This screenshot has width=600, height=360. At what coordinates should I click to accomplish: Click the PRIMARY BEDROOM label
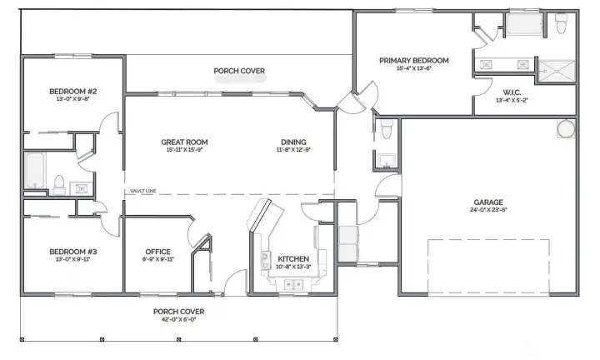pyautogui.click(x=414, y=61)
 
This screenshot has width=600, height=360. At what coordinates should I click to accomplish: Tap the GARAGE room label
pyautogui.click(x=487, y=202)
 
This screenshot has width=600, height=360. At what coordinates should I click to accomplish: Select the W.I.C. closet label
pyautogui.click(x=512, y=92)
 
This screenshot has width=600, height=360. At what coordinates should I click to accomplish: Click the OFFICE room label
pyautogui.click(x=157, y=252)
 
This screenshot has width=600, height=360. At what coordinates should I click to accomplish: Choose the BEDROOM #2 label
pyautogui.click(x=73, y=91)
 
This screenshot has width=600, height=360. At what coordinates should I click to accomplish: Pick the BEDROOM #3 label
pyautogui.click(x=73, y=252)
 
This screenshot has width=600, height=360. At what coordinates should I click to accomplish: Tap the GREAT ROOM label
pyautogui.click(x=184, y=142)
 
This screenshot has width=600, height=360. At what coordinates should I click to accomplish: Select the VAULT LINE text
pyautogui.click(x=143, y=191)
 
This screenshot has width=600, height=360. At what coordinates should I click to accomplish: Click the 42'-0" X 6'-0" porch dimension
pyautogui.click(x=178, y=320)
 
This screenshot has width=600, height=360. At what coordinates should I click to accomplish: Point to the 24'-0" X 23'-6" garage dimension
pyautogui.click(x=487, y=211)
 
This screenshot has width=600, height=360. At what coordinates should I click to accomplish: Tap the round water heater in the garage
pyautogui.click(x=565, y=129)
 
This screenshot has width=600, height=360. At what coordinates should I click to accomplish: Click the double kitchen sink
pyautogui.click(x=292, y=285)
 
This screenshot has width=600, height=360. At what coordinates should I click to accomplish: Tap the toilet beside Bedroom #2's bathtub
pyautogui.click(x=59, y=182)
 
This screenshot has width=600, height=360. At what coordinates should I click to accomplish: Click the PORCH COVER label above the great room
pyautogui.click(x=239, y=72)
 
